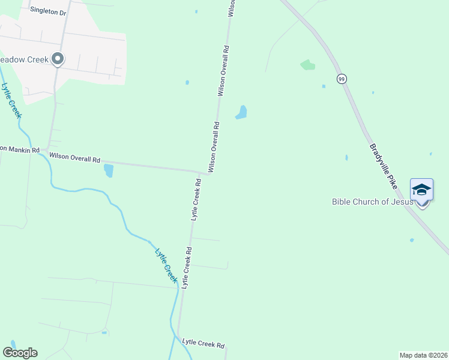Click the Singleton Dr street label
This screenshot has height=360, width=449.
[47, 10]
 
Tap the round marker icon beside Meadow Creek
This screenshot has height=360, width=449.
[58, 59]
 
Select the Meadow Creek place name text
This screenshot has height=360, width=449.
[24, 59]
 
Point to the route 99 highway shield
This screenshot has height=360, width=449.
[341, 79]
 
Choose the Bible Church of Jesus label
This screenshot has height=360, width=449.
[372, 202]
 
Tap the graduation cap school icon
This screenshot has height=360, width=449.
[421, 190]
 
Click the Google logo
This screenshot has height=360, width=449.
[20, 353]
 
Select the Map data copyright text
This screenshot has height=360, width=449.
[423, 355]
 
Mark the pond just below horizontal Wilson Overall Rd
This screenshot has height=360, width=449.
[109, 170]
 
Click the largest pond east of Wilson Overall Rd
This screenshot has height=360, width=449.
[241, 112]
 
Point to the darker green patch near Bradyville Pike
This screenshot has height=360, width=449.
[307, 64]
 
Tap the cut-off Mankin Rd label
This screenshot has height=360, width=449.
[19, 149]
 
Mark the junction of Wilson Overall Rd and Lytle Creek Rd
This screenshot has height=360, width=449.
[200, 172]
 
